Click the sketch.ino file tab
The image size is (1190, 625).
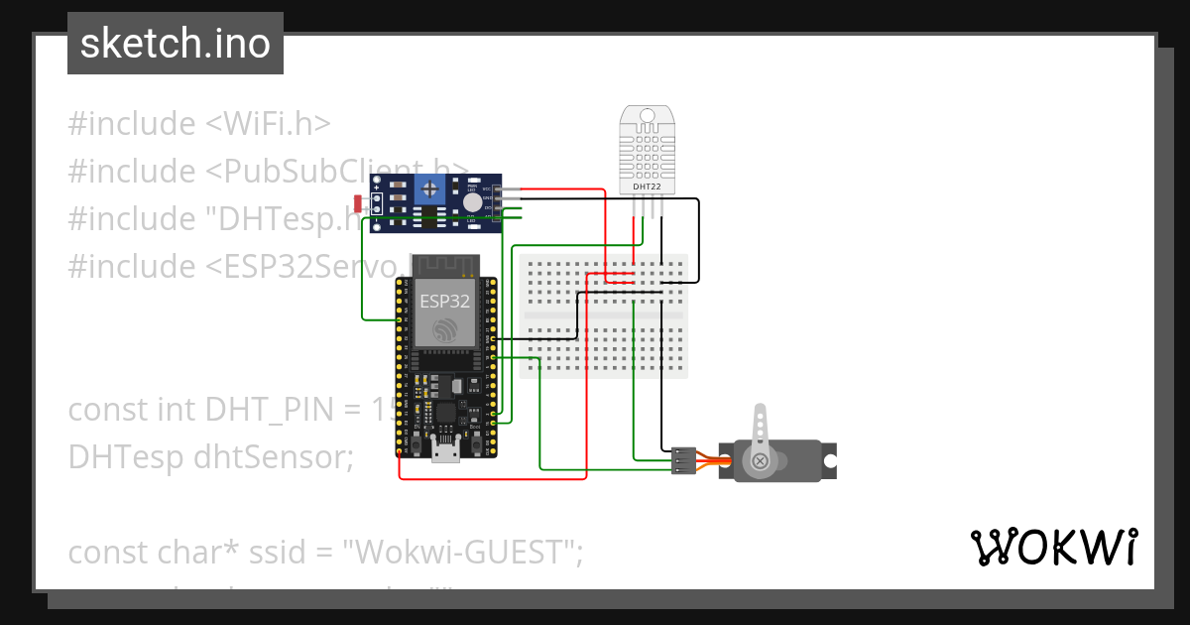[176, 44]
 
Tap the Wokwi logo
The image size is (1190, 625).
[1053, 547]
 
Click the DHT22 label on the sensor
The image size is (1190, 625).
[648, 186]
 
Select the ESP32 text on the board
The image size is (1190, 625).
[444, 301]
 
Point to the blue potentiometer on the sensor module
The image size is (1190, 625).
[429, 187]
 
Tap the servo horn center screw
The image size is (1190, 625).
[761, 460]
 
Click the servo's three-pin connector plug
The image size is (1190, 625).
[683, 460]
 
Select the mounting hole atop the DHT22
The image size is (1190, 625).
[648, 116]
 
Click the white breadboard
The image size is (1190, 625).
[603, 314]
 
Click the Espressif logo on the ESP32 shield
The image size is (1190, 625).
[444, 329]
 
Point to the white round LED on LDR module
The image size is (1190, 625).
[473, 201]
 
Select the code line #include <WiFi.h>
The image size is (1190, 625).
[198, 124]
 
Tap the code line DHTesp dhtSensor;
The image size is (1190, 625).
[210, 456]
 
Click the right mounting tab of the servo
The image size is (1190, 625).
[829, 460]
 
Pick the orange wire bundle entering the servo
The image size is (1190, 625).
[709, 460]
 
